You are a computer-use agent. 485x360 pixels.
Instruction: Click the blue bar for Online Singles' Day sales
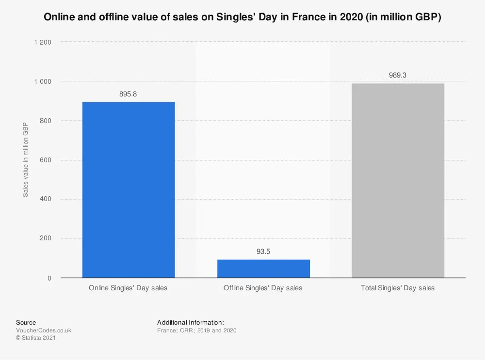coord(129,190)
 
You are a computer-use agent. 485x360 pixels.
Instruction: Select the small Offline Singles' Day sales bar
coord(263,269)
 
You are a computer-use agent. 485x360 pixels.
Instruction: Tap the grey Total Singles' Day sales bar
coord(398,181)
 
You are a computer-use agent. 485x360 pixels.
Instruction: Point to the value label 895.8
coord(128,94)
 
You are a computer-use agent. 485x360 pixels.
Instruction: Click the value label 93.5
coord(263,251)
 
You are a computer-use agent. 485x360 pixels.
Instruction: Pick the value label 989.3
coord(398,75)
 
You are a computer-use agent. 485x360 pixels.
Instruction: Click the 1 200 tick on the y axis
coord(43,43)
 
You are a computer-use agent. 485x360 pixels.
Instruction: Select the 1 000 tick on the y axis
coord(43,82)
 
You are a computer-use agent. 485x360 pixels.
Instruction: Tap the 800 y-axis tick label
coord(46,121)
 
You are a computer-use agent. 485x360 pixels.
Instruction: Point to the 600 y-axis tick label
coord(46,160)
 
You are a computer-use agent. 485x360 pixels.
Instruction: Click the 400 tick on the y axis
coord(46,200)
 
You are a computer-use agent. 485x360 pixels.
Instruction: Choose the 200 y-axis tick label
coord(46,239)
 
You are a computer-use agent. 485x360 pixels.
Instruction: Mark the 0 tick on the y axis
coord(49,278)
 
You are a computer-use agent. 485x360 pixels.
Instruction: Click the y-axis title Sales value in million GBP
coord(26,160)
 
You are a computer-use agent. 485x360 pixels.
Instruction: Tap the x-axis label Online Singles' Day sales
coord(128,288)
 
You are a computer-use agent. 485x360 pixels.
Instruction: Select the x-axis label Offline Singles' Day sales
coord(263,288)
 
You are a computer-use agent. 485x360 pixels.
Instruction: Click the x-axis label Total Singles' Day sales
coord(398,288)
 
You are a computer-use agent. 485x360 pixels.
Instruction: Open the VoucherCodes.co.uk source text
coord(44,330)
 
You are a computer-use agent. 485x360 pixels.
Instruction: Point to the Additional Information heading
coord(190,322)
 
